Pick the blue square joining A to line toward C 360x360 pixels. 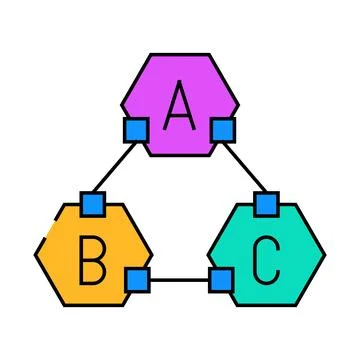pos(223,129)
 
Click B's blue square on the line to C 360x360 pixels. pos(137,279)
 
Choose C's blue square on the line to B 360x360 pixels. pos(220,279)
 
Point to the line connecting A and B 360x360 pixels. pos(114,167)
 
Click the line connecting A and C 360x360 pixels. pos(245,167)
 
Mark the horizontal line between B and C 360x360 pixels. pos(178,280)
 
